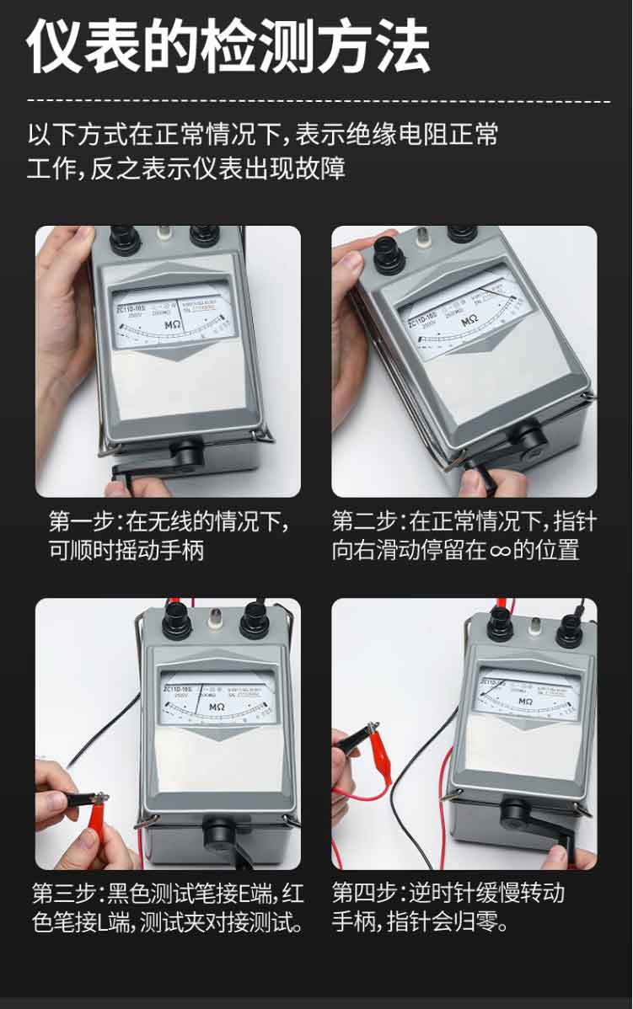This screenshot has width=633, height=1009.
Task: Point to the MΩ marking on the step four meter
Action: pos(524,701)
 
